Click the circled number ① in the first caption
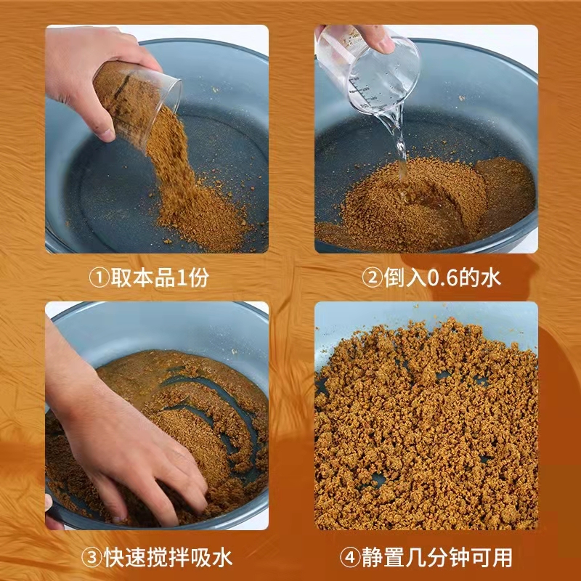99,277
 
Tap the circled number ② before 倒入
372,277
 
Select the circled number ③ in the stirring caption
92,558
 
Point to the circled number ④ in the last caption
350,558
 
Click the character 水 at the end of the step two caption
492,277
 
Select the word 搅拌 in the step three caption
168,558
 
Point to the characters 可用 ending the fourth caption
492,558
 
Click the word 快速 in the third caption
125,558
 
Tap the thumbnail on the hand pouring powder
107,135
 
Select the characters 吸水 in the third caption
211,558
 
